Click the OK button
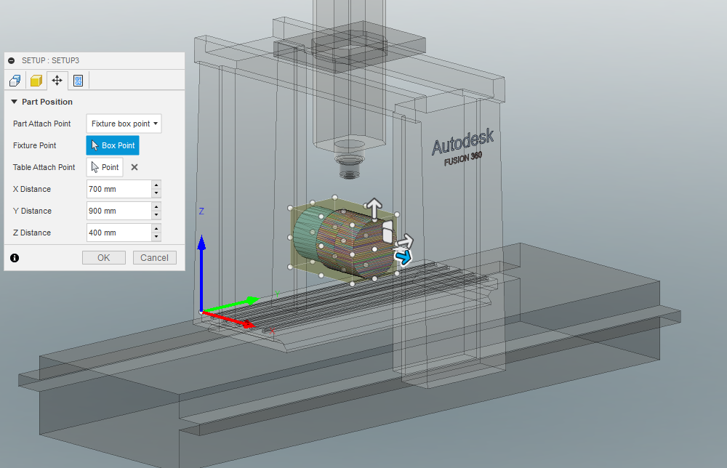coord(103,257)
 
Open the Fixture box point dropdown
coord(124,124)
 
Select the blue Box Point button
coord(112,145)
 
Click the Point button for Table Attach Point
coord(105,167)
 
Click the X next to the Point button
coord(134,167)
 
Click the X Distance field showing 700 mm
coord(118,189)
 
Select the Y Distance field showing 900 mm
coord(118,211)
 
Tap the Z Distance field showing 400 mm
coord(118,233)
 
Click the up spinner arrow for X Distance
coord(156,185)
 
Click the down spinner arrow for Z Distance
coord(156,237)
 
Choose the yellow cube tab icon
coord(36,80)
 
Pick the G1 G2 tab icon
coord(78,80)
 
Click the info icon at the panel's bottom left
coord(15,257)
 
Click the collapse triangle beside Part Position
coord(14,102)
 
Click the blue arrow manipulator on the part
coord(402,257)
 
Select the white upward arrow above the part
coord(374,208)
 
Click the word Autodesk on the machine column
coord(462,142)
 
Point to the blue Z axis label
coord(201,211)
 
